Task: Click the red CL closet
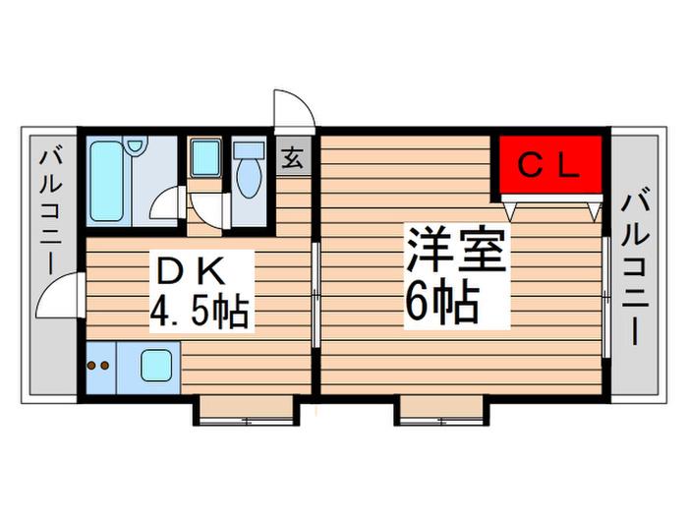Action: (x=550, y=164)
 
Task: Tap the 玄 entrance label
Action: (x=293, y=158)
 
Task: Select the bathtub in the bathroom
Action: (x=106, y=181)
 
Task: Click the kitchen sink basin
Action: (x=155, y=365)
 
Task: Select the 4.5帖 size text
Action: (x=200, y=313)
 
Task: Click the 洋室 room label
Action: (x=456, y=250)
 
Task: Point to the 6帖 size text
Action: (x=441, y=303)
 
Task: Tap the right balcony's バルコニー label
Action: (x=635, y=266)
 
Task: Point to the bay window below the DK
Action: (x=246, y=410)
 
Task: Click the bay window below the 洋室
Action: (x=441, y=410)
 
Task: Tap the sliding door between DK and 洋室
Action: (x=315, y=294)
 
